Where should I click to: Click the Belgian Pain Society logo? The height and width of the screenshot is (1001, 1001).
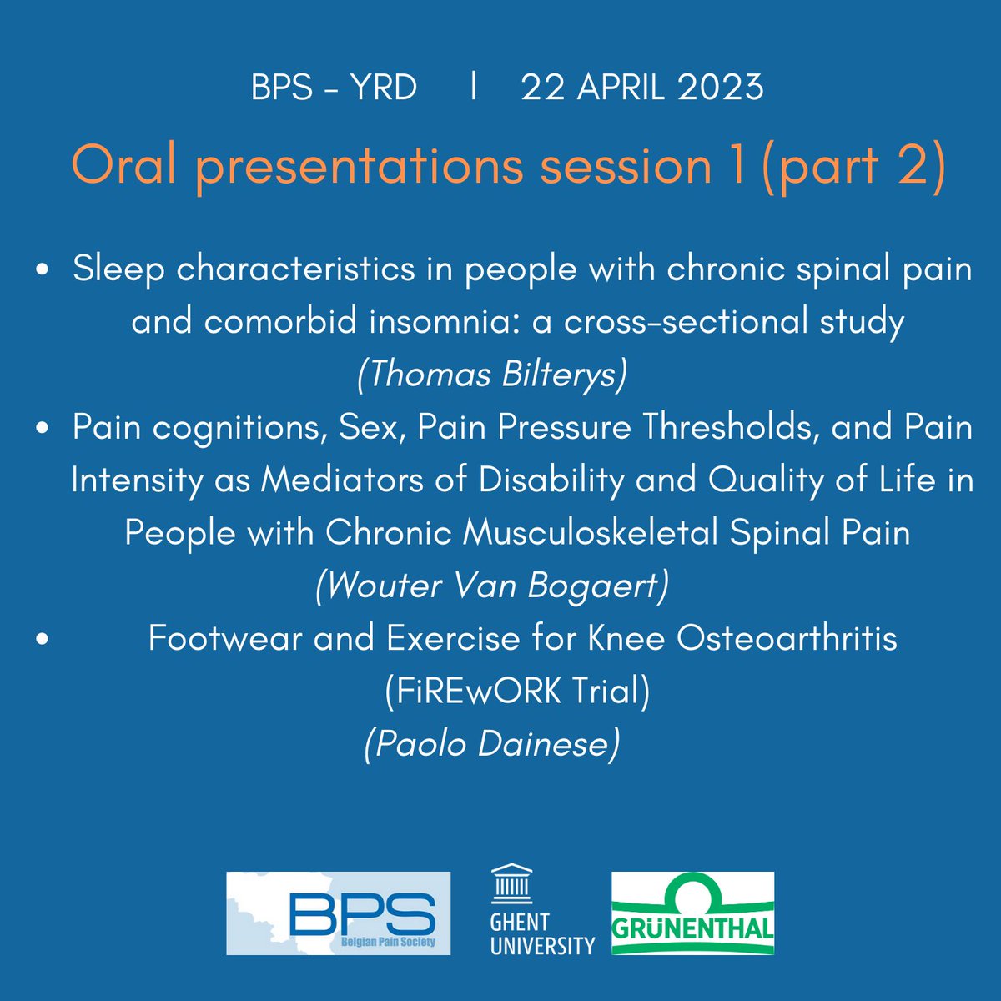tap(338, 913)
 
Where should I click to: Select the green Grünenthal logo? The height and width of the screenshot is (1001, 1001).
tap(692, 913)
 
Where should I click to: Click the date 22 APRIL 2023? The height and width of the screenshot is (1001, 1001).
tap(642, 88)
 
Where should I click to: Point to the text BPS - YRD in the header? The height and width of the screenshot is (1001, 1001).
tap(334, 88)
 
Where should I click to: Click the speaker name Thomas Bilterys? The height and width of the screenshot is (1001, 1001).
tap(492, 375)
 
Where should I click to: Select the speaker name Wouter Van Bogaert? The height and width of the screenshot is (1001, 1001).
tap(492, 586)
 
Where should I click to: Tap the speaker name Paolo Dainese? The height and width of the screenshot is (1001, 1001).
tap(492, 743)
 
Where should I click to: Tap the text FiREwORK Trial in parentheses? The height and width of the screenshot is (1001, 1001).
tap(517, 691)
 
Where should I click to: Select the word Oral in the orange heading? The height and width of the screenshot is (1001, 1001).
tap(123, 166)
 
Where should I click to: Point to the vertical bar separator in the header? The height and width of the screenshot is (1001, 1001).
tap(474, 87)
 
